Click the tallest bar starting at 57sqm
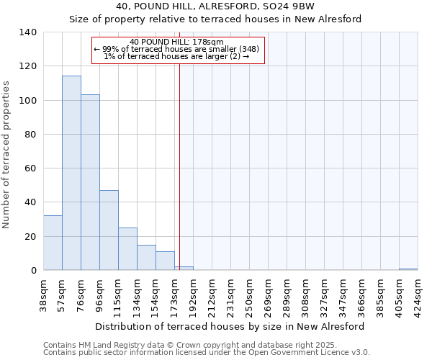click(71, 173)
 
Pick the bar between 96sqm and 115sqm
click(109, 230)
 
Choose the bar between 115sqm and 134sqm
click(127, 249)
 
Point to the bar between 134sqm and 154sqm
click(146, 258)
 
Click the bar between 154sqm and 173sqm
click(165, 261)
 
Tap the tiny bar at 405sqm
click(408, 269)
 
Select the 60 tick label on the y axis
click(31, 168)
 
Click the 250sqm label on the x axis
click(250, 294)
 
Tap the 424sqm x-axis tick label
click(418, 294)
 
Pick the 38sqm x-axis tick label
click(44, 292)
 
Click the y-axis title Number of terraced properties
click(7, 155)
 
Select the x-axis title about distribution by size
click(230, 326)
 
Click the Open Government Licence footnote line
click(207, 352)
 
